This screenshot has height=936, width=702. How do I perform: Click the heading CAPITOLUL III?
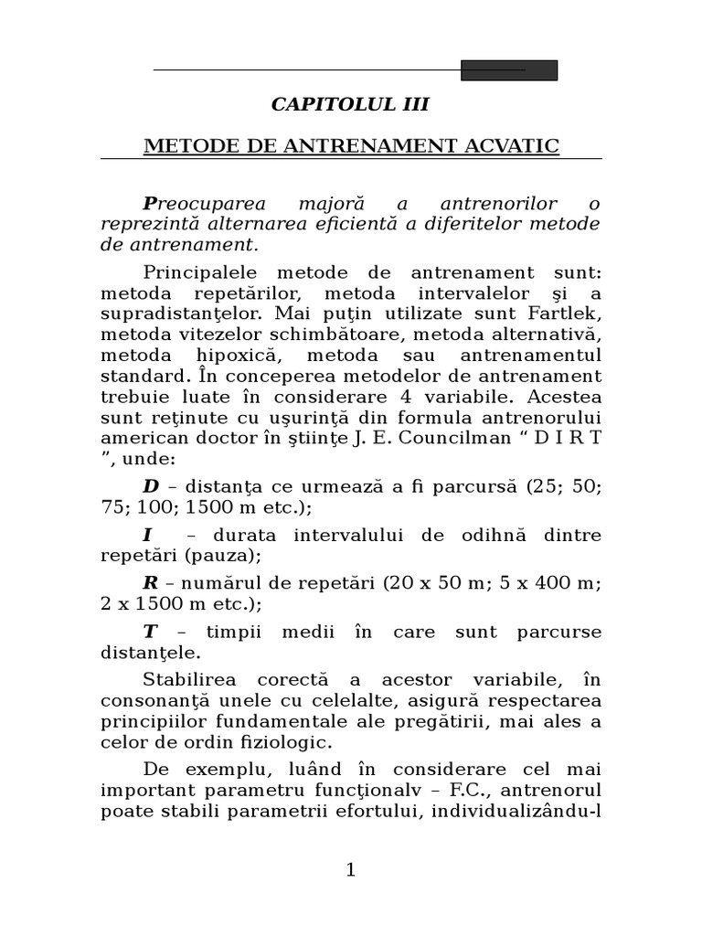[x=350, y=104]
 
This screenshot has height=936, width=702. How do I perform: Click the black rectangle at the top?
[x=508, y=70]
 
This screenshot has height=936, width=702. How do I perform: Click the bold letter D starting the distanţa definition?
[x=151, y=485]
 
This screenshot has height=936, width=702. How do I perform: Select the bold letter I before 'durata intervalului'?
[x=147, y=535]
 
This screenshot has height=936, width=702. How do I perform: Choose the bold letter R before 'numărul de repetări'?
[x=151, y=584]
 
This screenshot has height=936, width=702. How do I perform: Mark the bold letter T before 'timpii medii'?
[x=150, y=633]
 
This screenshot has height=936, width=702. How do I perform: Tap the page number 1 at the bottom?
[x=350, y=870]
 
